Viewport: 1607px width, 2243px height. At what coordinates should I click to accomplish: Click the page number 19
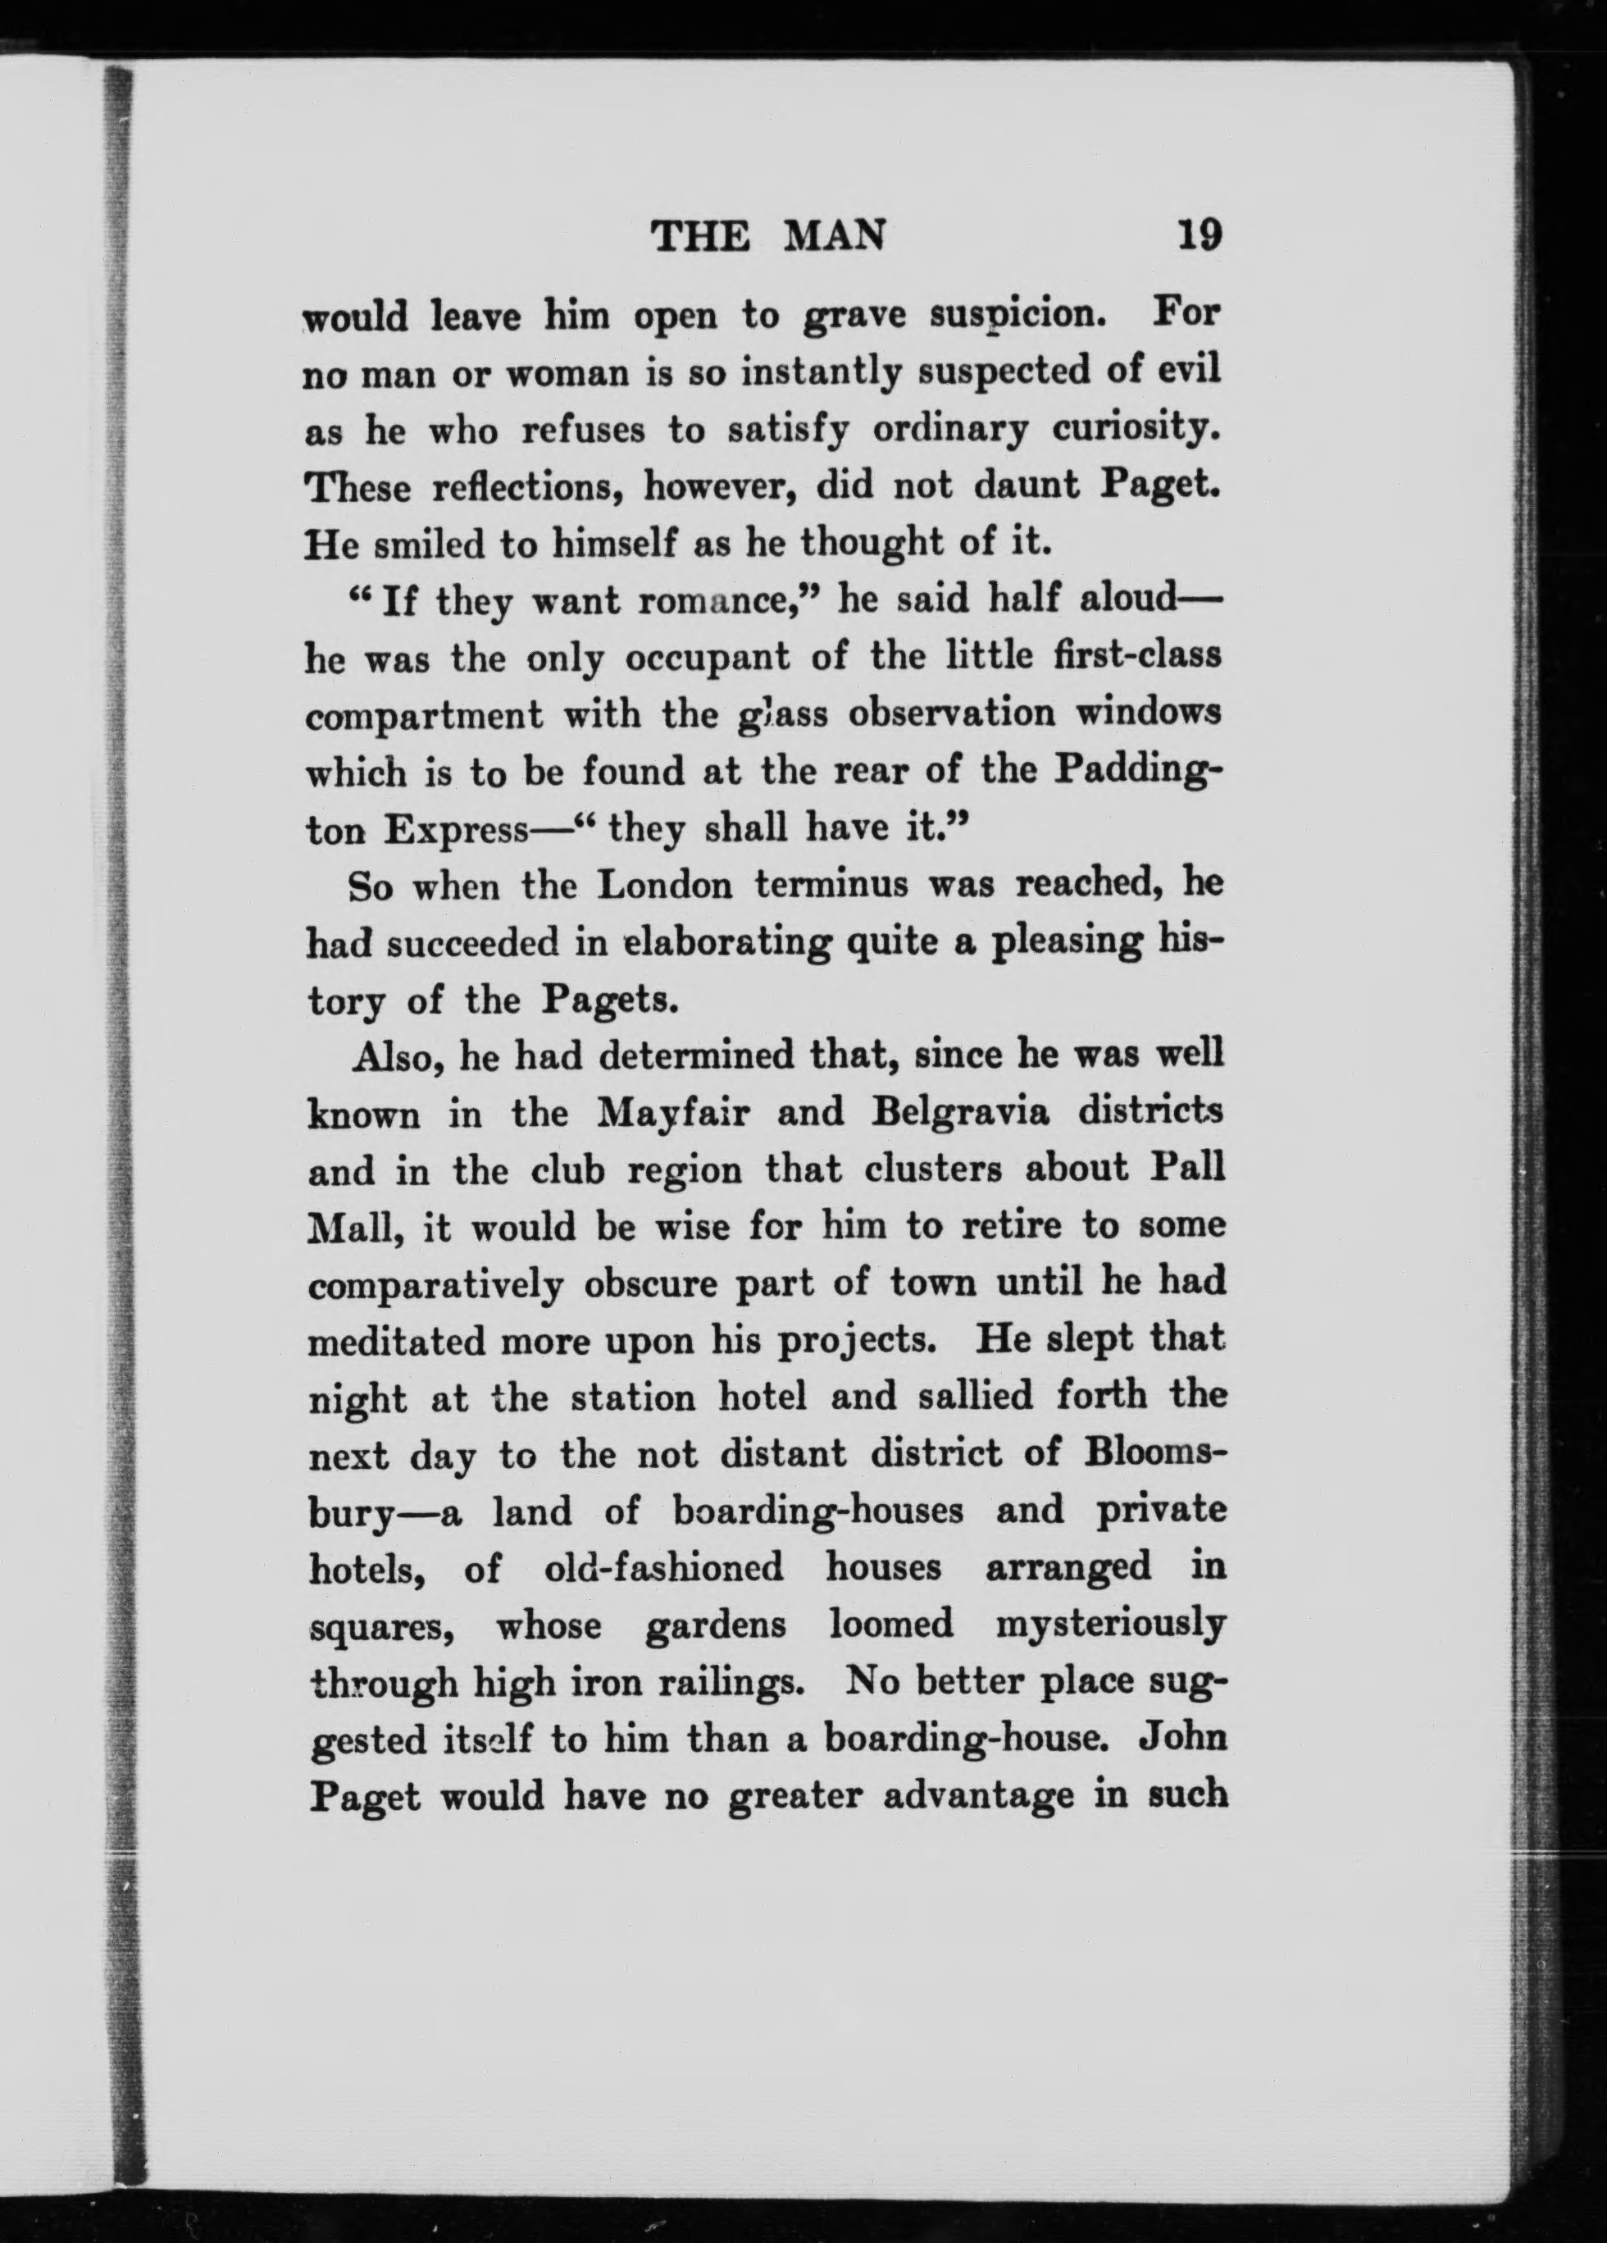[x=1200, y=237]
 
